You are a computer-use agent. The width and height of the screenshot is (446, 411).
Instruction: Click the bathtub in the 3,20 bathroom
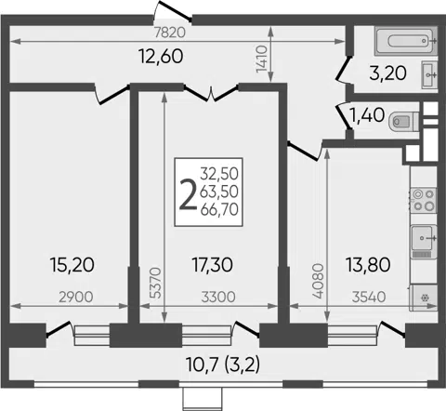point(406,41)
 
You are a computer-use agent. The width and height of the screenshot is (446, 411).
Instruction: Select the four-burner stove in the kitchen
point(423,200)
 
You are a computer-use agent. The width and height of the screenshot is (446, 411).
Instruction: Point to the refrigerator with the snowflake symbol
point(424,298)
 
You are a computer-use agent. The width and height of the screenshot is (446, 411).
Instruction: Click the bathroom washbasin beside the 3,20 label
point(429,74)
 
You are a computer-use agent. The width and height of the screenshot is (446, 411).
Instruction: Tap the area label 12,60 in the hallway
point(161,57)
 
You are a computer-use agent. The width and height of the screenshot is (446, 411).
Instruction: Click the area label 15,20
point(72,265)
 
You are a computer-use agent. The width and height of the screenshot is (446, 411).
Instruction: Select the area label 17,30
point(213,265)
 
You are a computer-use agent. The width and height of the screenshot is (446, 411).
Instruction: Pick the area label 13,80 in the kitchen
point(368,265)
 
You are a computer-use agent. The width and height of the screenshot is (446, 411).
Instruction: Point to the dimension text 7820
point(170,33)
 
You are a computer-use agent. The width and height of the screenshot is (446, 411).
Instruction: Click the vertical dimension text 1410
point(261,59)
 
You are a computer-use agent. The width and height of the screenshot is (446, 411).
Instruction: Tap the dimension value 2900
point(76,297)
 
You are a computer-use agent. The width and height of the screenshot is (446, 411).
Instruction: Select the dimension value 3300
point(218,297)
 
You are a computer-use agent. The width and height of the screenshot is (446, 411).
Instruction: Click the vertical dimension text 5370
point(156,283)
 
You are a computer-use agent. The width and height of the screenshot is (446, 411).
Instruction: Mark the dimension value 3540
point(369,297)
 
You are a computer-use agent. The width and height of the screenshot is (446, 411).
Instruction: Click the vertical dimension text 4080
point(318,281)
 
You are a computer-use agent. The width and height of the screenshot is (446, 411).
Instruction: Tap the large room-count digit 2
point(188,195)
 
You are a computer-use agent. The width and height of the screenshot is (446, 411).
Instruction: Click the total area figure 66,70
point(219,210)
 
